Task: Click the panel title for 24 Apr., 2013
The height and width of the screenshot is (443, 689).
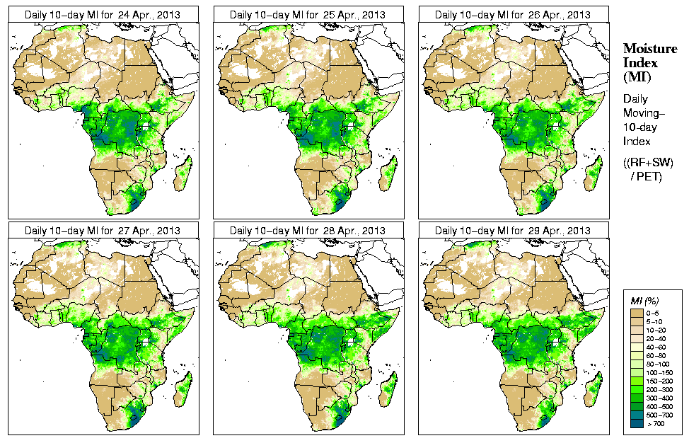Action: (x=102, y=14)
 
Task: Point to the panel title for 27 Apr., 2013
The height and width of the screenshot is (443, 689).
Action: (x=102, y=231)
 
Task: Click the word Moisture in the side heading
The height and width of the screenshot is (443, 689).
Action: (x=649, y=48)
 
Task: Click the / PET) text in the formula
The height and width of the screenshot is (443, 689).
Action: (x=647, y=176)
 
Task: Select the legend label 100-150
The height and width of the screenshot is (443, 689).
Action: (x=661, y=372)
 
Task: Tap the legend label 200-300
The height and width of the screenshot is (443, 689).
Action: (x=661, y=389)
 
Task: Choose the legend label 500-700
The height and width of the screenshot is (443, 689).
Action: (x=661, y=415)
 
